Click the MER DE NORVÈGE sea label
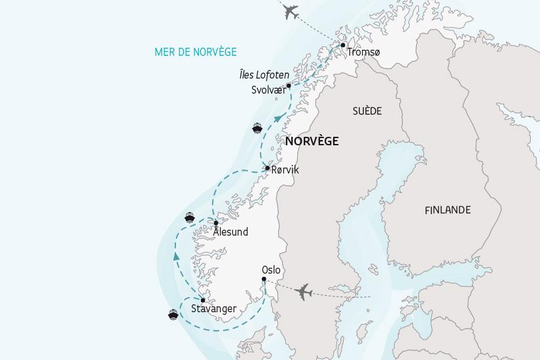[196, 52]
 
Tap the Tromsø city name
[363, 52]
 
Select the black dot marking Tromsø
[343, 45]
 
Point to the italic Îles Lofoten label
[264, 75]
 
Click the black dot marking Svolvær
[289, 85]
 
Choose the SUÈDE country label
[367, 111]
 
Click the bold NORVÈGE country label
[312, 141]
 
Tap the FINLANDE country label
[447, 210]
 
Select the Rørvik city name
[285, 170]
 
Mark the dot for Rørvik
[267, 168]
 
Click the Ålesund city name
[231, 232]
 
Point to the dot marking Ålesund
[216, 223]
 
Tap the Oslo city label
[271, 270]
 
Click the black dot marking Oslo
[264, 279]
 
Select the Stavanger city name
[213, 309]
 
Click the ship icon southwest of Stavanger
[173, 315]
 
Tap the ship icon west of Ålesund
[190, 218]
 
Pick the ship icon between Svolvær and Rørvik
[257, 128]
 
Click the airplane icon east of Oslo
[303, 292]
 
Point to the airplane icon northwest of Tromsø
[289, 11]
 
